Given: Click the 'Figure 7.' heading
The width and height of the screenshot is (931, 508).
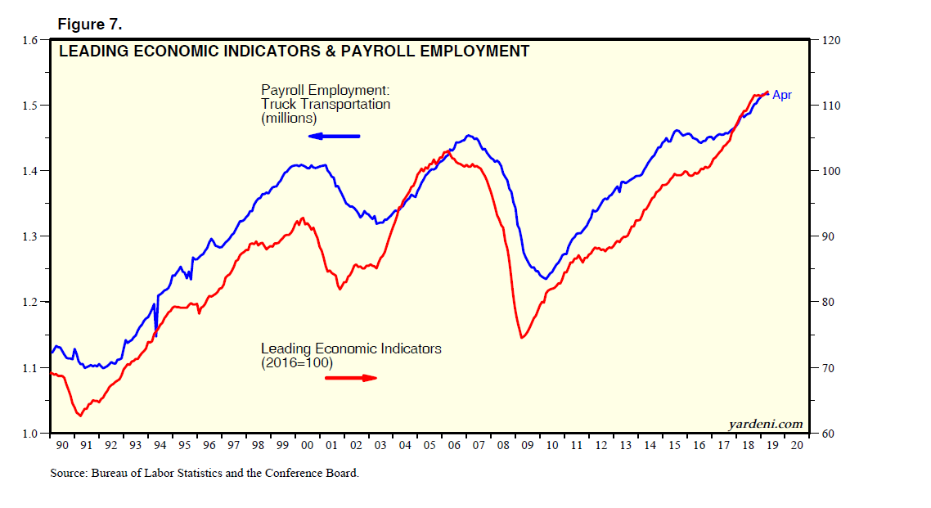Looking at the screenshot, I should click(x=91, y=23).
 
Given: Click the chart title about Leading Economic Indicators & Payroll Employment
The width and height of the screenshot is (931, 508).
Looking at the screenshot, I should click(x=294, y=52).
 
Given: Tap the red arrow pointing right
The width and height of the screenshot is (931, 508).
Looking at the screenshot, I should click(x=351, y=377).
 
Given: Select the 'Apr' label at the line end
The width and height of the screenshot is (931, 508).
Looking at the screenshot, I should click(x=782, y=96).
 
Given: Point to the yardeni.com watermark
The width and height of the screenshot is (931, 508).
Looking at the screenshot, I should click(x=765, y=424).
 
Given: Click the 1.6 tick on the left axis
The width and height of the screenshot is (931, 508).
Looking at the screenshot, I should click(x=30, y=40).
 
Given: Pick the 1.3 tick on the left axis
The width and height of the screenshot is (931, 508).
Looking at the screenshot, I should click(x=30, y=236).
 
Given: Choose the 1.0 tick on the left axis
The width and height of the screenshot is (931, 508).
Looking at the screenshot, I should click(x=30, y=433).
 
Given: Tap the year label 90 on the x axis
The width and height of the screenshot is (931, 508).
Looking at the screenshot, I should click(x=62, y=446).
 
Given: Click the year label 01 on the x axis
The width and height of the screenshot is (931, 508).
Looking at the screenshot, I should click(x=331, y=446).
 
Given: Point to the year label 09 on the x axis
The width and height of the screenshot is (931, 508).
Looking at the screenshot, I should click(x=527, y=446).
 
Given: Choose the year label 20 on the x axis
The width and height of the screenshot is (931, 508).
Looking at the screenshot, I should click(x=797, y=446).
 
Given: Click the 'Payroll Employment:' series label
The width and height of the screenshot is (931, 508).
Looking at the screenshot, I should click(x=322, y=90).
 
